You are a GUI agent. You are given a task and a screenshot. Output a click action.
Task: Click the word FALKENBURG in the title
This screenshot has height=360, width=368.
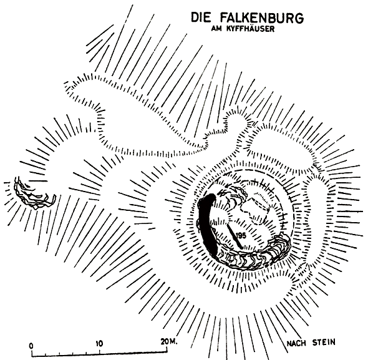[x=262, y=17]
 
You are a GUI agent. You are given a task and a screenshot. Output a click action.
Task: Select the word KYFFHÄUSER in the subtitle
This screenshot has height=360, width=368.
[x=250, y=29]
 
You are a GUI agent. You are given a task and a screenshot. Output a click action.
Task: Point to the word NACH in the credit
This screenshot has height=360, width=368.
[x=296, y=344]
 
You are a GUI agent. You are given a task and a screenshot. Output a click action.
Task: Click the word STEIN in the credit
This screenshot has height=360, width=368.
[x=324, y=343]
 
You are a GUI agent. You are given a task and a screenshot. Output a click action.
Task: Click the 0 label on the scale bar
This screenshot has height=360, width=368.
[x=31, y=346]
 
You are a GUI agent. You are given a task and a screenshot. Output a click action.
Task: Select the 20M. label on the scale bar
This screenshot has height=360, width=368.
[x=169, y=342]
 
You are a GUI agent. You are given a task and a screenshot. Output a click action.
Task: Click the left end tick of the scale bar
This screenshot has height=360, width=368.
[x=32, y=353]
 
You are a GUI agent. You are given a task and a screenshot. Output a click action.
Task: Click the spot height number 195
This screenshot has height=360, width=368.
[x=241, y=235]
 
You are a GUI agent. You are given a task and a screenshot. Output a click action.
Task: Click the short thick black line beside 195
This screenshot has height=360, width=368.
[x=235, y=236]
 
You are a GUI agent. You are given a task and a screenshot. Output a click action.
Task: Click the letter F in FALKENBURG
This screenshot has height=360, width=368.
[x=224, y=17]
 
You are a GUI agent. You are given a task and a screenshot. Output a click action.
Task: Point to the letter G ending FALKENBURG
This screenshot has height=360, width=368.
[x=299, y=18]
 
